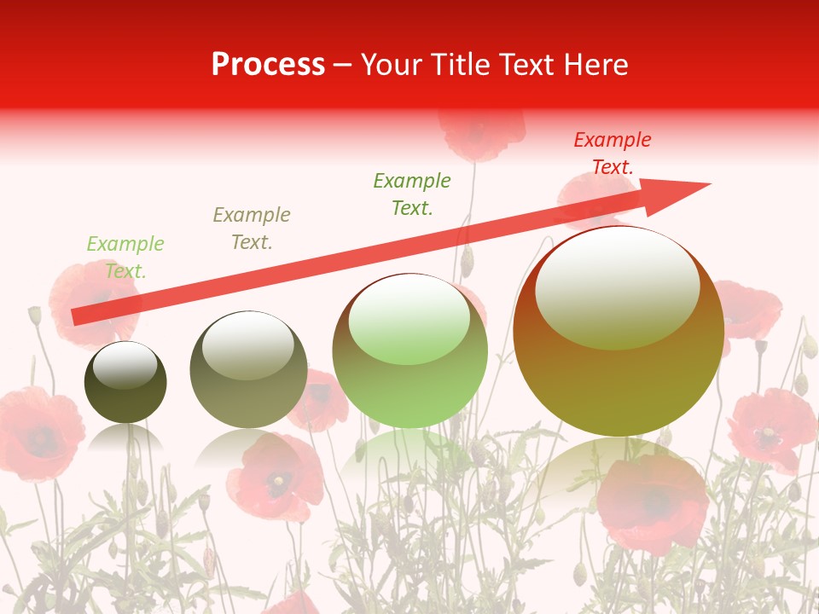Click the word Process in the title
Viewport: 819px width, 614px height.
tap(268, 65)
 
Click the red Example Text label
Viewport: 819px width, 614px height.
tap(612, 153)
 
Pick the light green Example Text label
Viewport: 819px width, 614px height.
tap(125, 258)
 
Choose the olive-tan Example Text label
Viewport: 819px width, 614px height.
tap(252, 229)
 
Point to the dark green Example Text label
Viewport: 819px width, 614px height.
tap(412, 194)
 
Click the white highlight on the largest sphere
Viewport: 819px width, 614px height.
tap(617, 287)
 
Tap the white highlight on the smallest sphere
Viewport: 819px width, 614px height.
tap(125, 365)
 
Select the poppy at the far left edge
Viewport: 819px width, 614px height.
tap(34, 431)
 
